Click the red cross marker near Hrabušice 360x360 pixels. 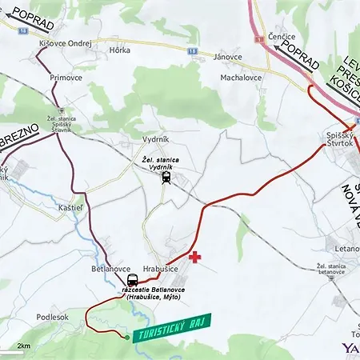tap(194, 257)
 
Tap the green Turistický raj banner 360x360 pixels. tap(171, 326)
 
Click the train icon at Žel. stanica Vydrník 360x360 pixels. tap(165, 178)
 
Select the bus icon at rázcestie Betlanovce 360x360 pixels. tap(132, 282)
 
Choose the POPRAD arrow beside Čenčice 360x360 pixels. tap(296, 57)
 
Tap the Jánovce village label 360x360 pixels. tap(229, 57)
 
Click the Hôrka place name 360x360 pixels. tap(119, 49)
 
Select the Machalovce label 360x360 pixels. tap(242, 78)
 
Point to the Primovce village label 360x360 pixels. tap(66, 78)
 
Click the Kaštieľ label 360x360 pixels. tap(70, 207)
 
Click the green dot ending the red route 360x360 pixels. tap(126, 338)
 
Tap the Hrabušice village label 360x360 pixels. tap(160, 270)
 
